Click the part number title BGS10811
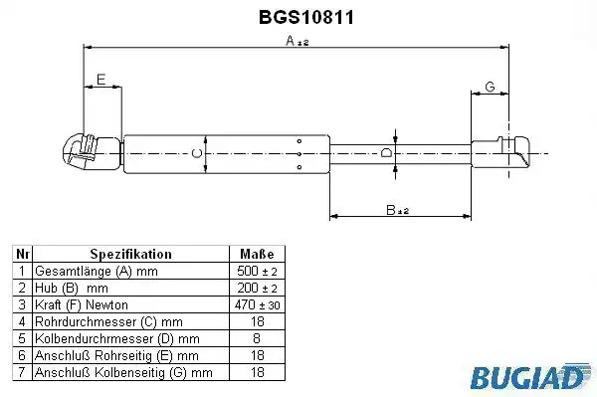pyautogui.click(x=306, y=17)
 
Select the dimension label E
pyautogui.click(x=100, y=80)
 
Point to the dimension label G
pyautogui.click(x=490, y=87)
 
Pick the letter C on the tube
pyautogui.click(x=196, y=153)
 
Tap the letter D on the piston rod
pyautogui.click(x=386, y=153)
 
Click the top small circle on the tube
pyautogui.click(x=299, y=141)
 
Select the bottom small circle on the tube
pyautogui.click(x=299, y=167)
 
